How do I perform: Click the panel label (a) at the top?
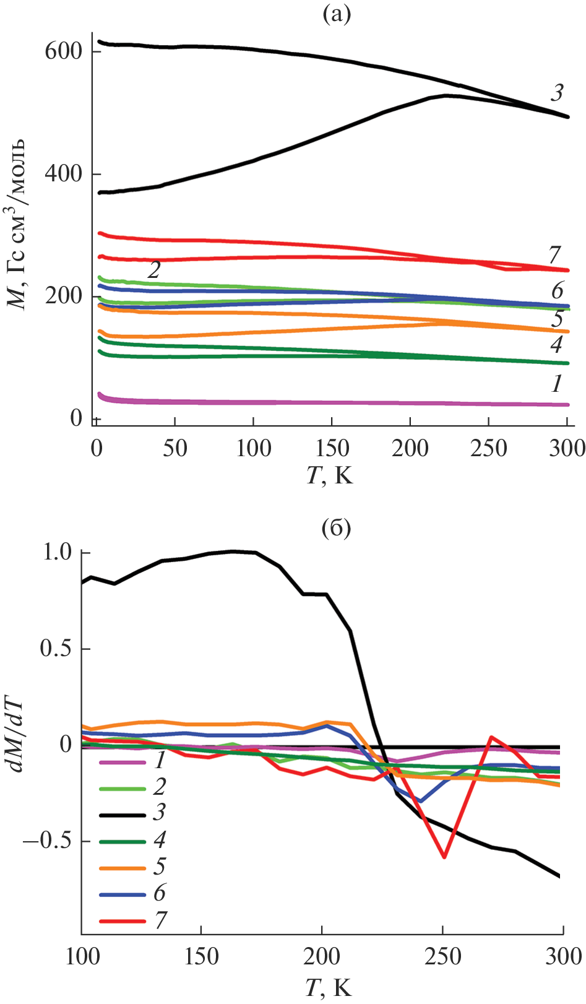tap(337, 14)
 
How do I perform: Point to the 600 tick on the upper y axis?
tap(64, 51)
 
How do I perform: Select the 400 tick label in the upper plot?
tap(64, 174)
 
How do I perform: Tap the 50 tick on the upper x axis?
tap(175, 448)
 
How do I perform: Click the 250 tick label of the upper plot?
tap(488, 448)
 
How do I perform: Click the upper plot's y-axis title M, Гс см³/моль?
tap(17, 223)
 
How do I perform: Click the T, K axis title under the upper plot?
tap(330, 475)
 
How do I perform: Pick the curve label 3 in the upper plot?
tap(557, 93)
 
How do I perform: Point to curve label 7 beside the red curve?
tap(554, 254)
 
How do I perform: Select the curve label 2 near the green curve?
tap(153, 270)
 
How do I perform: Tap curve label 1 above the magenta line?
tap(557, 384)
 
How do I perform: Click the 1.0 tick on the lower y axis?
tap(57, 552)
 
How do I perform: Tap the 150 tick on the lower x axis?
tap(201, 956)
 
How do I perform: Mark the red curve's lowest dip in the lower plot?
tap(444, 857)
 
